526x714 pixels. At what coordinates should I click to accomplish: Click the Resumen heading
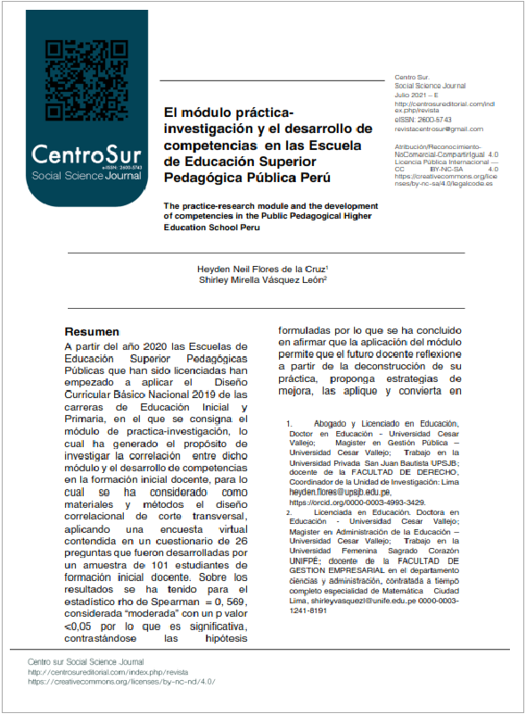pyautogui.click(x=90, y=329)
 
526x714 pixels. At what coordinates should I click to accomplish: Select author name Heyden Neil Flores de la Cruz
pyautogui.click(x=262, y=267)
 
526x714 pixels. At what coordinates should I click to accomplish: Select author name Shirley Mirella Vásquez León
pyautogui.click(x=262, y=280)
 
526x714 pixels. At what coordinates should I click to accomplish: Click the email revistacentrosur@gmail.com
pyautogui.click(x=439, y=129)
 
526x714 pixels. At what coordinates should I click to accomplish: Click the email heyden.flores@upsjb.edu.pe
pyautogui.click(x=340, y=492)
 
